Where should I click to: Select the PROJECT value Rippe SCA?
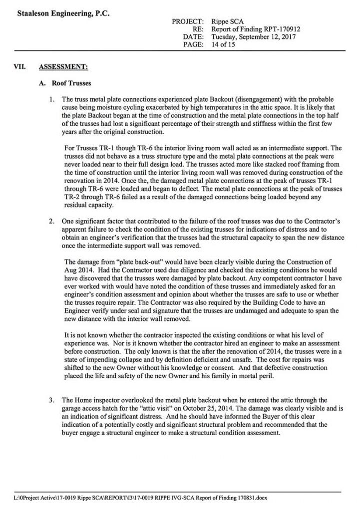(x=228, y=22)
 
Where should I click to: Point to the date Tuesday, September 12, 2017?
(x=254, y=37)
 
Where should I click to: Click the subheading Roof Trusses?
(x=71, y=83)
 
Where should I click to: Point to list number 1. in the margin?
(x=52, y=99)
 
